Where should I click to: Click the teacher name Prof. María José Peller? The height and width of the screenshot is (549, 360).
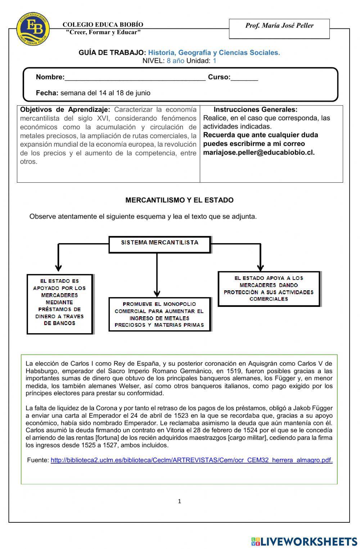point(279,26)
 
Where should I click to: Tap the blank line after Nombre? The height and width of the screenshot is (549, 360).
point(135,77)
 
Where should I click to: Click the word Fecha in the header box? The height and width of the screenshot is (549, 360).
point(47,93)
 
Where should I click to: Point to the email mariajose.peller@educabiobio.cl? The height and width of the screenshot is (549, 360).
point(258,152)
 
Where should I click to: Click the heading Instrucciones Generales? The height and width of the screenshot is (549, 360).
point(255,110)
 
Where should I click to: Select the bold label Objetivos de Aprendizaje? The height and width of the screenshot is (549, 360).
point(65,110)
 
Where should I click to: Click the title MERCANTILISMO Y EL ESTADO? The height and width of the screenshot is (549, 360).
point(179,200)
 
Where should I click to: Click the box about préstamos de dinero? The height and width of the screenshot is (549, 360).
point(60,303)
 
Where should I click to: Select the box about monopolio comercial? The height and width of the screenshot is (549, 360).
point(159,314)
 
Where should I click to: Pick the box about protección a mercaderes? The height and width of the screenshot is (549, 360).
point(269,289)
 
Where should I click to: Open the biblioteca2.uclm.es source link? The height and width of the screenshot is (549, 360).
point(191,460)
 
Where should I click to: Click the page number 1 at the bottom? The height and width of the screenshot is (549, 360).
point(179,501)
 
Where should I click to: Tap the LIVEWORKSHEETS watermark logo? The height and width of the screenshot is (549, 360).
point(304,541)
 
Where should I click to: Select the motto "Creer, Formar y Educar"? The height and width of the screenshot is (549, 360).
point(103,32)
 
